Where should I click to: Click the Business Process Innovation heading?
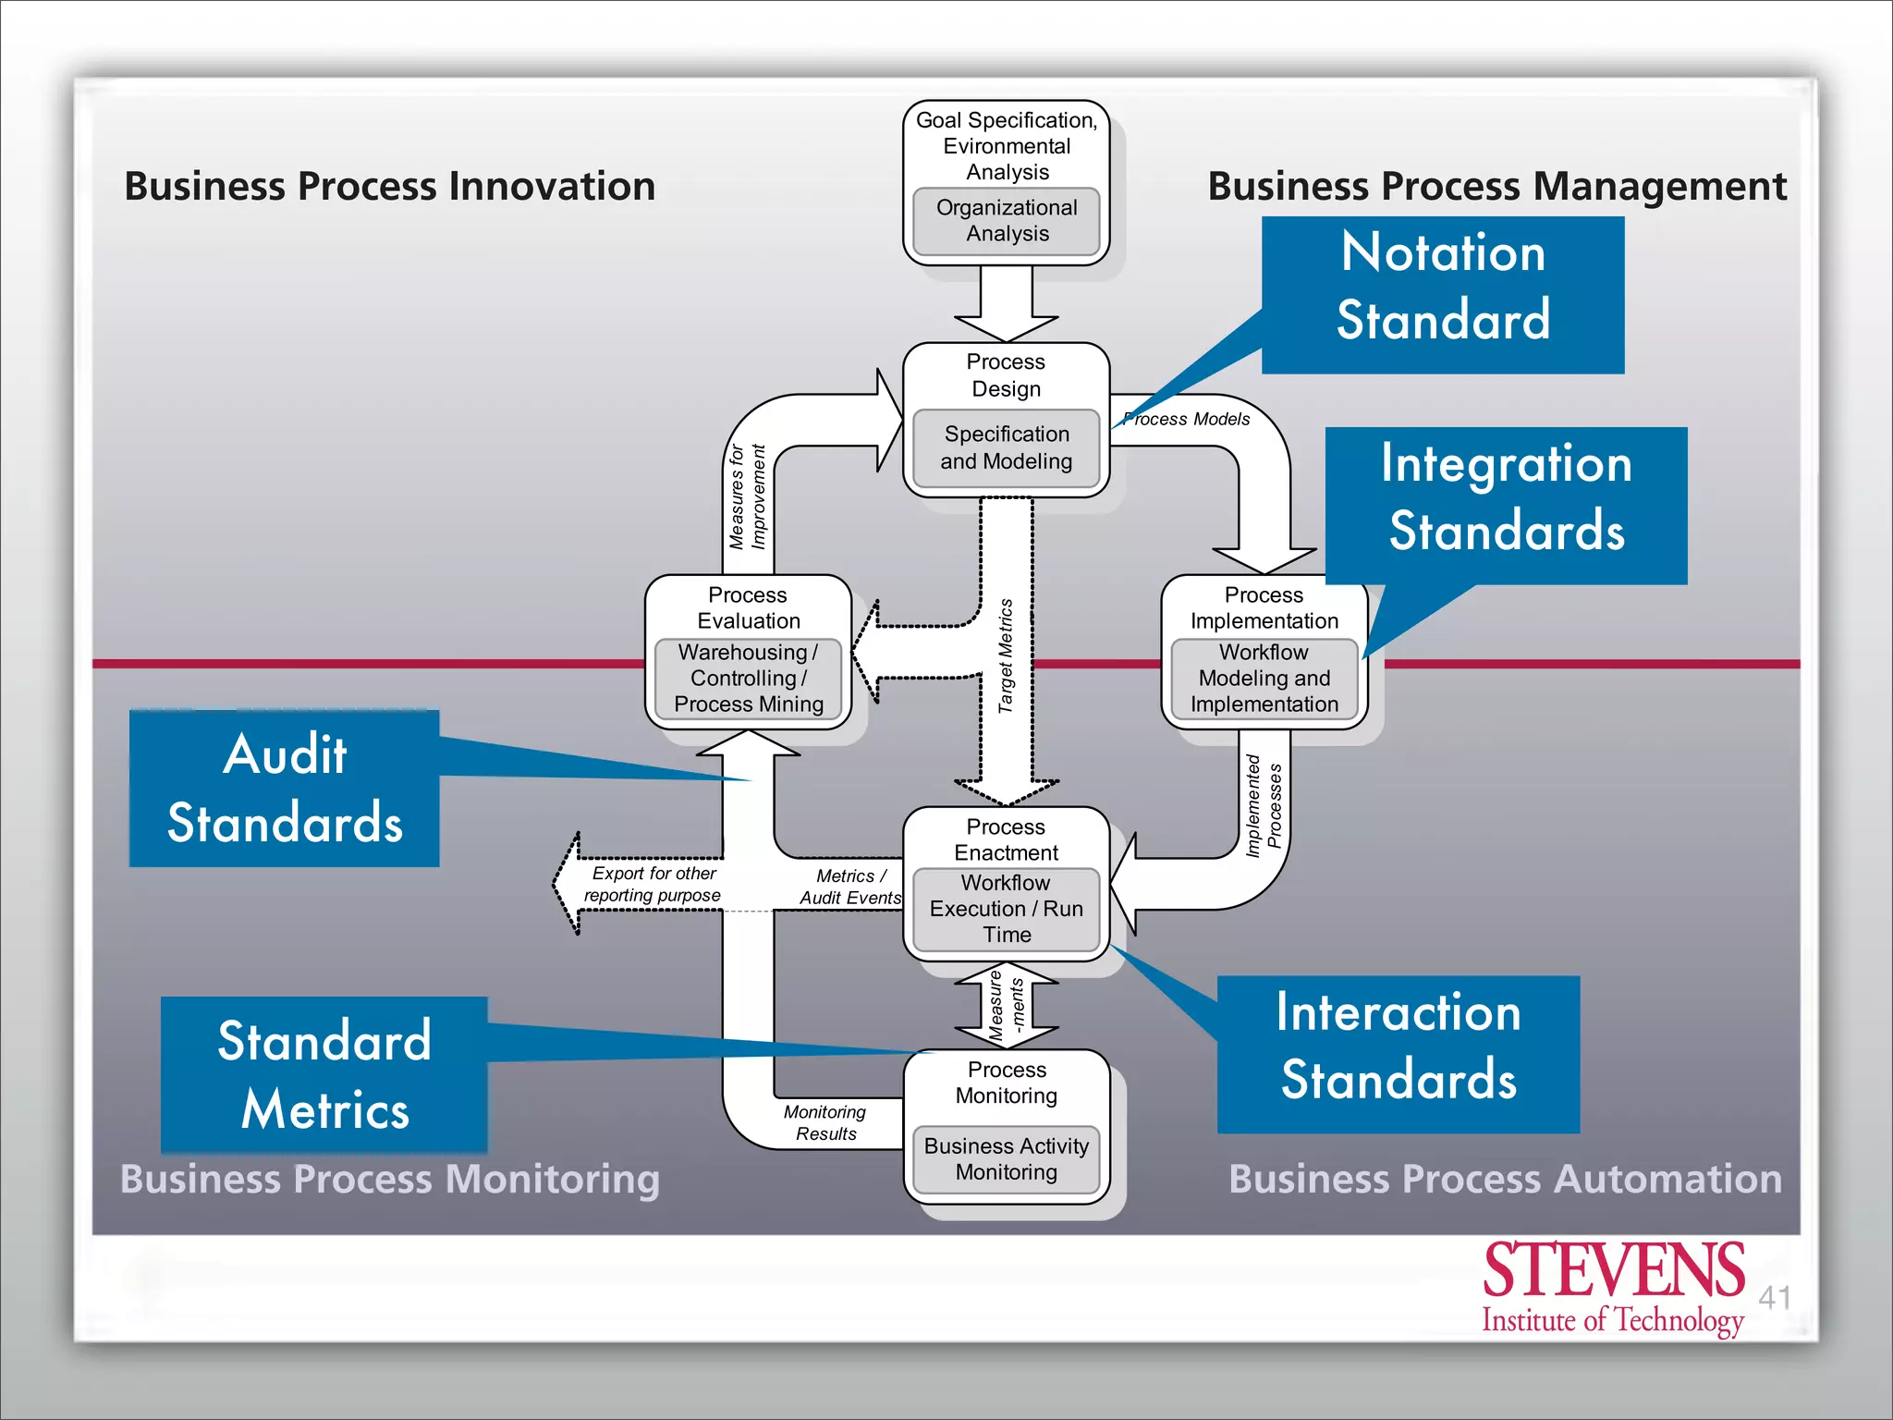[389, 186]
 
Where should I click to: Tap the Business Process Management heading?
[1496, 186]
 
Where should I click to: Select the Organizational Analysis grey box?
[1006, 221]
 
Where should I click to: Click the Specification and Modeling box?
[1006, 447]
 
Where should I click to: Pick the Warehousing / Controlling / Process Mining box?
[748, 679]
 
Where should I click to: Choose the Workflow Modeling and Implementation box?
[1264, 679]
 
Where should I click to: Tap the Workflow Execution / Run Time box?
[1006, 909]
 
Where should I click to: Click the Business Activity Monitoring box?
[1006, 1159]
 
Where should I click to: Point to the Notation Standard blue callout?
[1443, 287]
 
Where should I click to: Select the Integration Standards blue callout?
[1506, 497]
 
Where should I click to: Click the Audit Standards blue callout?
[285, 789]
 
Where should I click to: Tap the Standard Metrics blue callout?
[324, 1074]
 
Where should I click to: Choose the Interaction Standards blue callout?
[1398, 1047]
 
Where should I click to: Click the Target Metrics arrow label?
[1006, 655]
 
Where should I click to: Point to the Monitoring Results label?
[825, 1122]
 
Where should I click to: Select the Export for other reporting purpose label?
[653, 884]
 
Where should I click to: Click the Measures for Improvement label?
[747, 496]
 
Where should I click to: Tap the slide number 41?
[1774, 1297]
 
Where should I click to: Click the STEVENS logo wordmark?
[1613, 1270]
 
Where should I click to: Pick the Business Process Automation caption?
[1505, 1179]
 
